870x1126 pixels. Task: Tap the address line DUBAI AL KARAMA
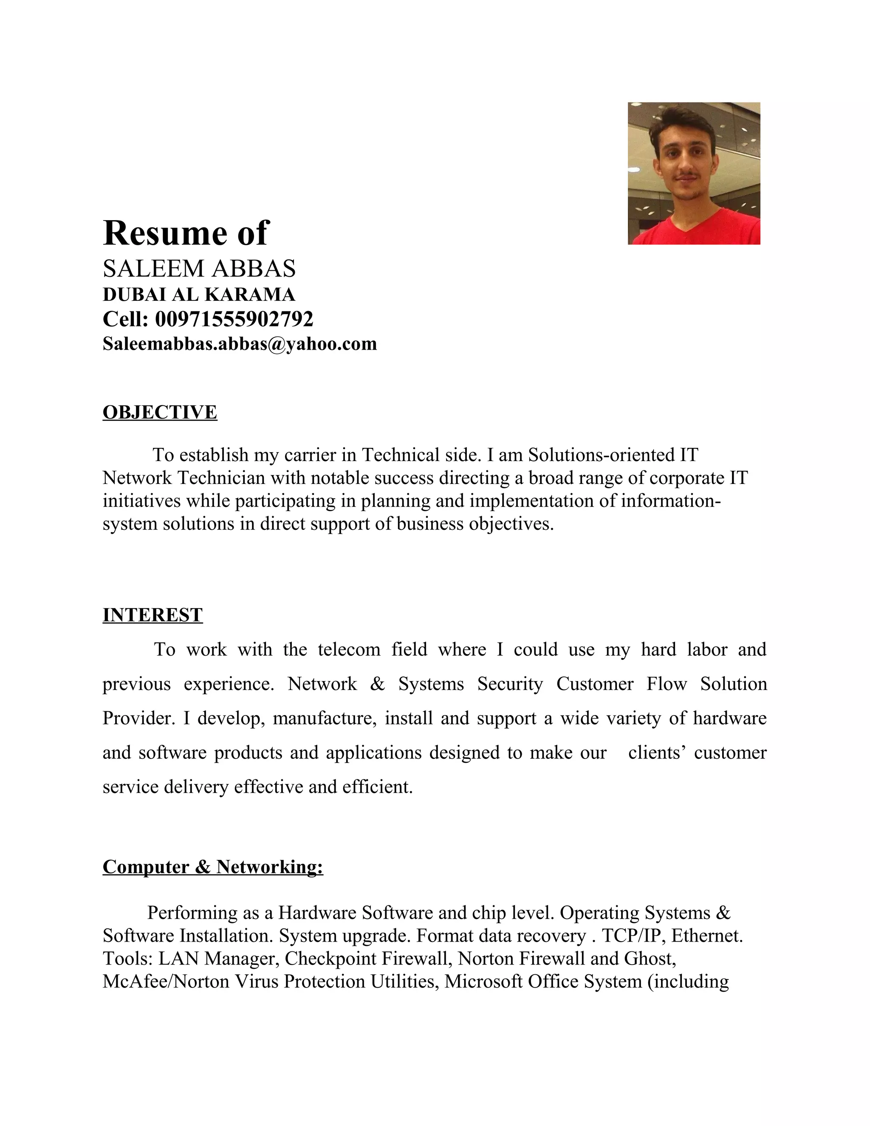[x=199, y=294]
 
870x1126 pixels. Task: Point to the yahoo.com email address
[x=240, y=343]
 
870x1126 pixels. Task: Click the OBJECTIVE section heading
[x=160, y=413]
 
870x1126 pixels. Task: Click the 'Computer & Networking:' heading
[x=213, y=867]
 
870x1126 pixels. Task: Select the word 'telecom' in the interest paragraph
[x=349, y=650]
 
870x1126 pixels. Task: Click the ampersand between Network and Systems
[x=377, y=684]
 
